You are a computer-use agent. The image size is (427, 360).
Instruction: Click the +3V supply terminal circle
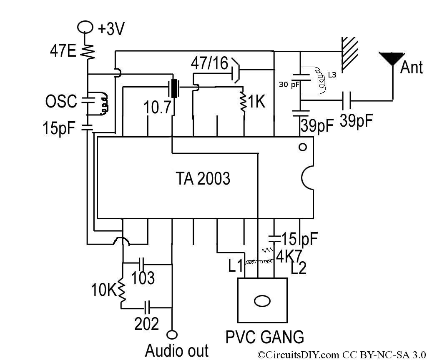85,27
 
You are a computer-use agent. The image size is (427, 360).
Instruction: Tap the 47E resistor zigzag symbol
88,51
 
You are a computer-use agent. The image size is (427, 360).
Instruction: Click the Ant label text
411,67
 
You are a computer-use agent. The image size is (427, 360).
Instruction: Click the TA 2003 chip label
203,178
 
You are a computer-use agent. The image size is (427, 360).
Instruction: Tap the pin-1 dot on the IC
303,147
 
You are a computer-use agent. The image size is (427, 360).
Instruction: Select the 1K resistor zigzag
243,102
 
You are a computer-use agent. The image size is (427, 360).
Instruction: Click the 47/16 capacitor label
209,63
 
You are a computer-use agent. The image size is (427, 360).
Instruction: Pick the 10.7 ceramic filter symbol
174,88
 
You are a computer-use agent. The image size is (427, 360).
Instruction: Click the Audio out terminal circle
172,335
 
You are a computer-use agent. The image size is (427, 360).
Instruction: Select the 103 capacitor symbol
141,264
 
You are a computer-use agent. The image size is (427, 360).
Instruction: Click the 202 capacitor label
146,323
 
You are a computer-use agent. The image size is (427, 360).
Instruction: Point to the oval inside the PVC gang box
262,301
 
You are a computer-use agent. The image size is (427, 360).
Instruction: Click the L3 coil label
332,75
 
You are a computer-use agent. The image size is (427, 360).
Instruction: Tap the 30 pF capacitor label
289,85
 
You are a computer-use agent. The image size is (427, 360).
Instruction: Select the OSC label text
61,102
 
